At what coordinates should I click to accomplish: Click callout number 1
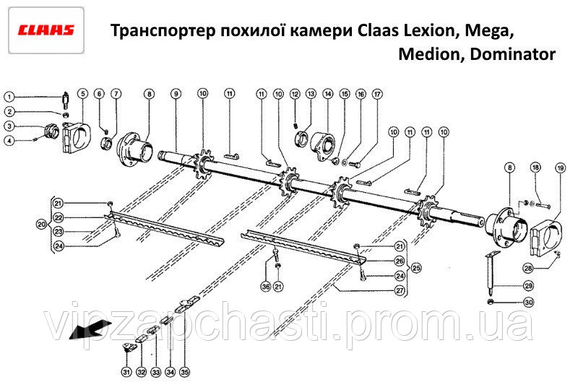[9, 97]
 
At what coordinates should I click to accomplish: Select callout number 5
[83, 93]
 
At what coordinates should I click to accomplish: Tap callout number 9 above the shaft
[176, 94]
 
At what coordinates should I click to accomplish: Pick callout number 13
[311, 94]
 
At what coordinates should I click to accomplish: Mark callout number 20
[40, 225]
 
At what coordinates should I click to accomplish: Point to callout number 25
[415, 268]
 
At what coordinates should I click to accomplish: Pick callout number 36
[265, 287]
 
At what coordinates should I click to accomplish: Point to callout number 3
[9, 126]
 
